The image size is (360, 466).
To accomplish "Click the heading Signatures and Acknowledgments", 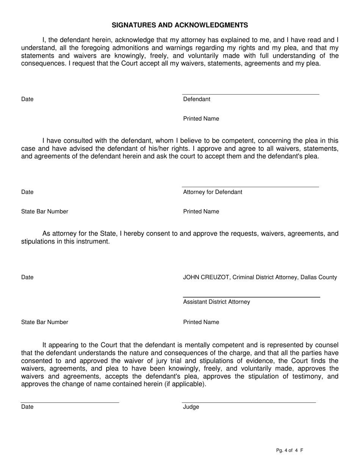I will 180,25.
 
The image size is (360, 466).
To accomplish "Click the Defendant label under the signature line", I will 197,99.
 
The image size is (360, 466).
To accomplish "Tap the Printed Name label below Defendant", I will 201,119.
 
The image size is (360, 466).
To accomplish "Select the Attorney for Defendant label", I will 213,192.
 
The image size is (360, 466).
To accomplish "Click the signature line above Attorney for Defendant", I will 250,187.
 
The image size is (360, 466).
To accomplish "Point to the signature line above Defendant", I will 250,94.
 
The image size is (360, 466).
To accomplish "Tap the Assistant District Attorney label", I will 216,302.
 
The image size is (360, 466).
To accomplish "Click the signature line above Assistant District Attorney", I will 251,297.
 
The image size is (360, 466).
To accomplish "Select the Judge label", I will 191,407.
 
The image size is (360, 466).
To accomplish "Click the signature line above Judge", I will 249,402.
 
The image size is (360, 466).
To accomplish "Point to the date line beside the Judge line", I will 70,402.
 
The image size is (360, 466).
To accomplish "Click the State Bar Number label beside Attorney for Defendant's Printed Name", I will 45,211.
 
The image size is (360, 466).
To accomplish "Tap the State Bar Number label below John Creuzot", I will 45,322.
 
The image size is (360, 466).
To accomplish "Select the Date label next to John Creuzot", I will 27,277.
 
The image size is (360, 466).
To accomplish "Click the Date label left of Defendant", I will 27,99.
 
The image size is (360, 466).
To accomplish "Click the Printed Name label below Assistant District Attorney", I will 201,322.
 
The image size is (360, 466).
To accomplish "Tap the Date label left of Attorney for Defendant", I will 27,192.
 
